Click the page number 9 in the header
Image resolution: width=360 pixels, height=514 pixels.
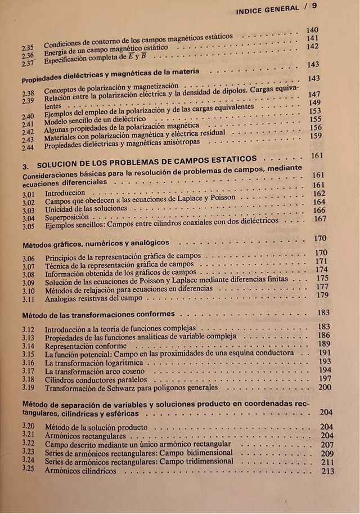tap(314, 6)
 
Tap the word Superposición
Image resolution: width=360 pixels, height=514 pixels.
tap(66, 217)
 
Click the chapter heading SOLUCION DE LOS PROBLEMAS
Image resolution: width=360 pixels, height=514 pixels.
tap(147, 160)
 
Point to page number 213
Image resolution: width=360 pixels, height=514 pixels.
tap(327, 471)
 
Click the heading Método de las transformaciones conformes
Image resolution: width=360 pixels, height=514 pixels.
tap(98, 314)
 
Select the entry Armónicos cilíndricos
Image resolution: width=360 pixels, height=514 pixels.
tap(80, 471)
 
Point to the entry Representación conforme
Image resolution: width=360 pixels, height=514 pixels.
tap(85, 346)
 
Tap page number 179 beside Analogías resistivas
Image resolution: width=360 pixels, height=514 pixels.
tap(322, 295)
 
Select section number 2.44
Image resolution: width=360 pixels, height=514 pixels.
tap(28, 148)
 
